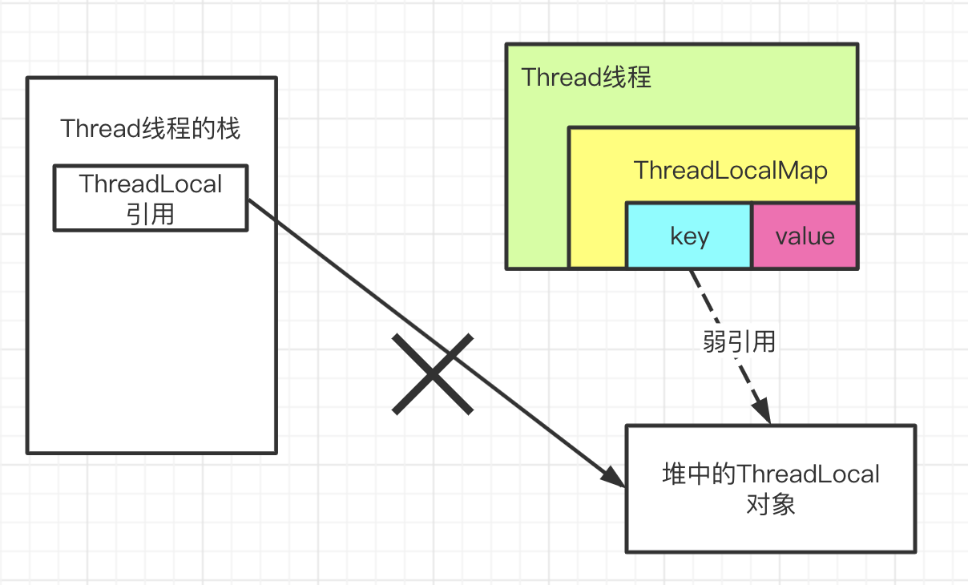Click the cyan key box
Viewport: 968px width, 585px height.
pyautogui.click(x=688, y=236)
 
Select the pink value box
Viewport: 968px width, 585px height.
pyautogui.click(x=805, y=236)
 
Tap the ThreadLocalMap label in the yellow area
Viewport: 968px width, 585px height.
pyautogui.click(x=730, y=171)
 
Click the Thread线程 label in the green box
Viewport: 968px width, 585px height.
pyautogui.click(x=586, y=78)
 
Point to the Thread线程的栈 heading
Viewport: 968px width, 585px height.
pyautogui.click(x=151, y=128)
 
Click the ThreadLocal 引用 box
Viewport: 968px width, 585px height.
pyautogui.click(x=151, y=198)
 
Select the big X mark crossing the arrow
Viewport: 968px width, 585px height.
pyautogui.click(x=433, y=374)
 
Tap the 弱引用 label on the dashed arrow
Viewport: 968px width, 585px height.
pyautogui.click(x=739, y=341)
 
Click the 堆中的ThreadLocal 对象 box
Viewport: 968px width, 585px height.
pyautogui.click(x=770, y=489)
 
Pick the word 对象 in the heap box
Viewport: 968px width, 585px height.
pyautogui.click(x=770, y=505)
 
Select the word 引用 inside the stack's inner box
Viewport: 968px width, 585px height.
pyautogui.click(x=151, y=214)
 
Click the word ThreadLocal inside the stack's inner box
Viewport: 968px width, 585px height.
pyautogui.click(x=151, y=184)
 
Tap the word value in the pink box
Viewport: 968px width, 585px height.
pyautogui.click(x=805, y=236)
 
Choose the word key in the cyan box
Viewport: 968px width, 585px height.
pyautogui.click(x=689, y=236)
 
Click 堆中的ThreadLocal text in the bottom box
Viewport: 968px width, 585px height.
pyautogui.click(x=770, y=474)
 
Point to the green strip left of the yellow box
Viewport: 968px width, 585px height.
pyautogui.click(x=537, y=200)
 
